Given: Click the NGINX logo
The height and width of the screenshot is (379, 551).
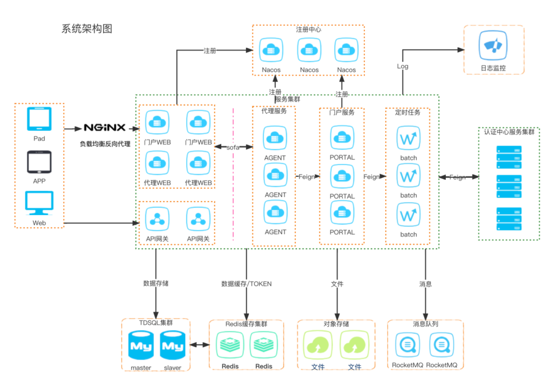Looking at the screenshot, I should (105, 128).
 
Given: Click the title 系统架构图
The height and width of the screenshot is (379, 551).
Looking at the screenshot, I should (87, 29).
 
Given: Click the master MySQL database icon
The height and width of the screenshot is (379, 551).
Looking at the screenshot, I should (141, 346).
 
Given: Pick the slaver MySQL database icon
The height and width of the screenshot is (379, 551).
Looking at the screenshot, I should (172, 346).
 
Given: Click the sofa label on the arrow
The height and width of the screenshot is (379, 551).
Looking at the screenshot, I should (233, 147).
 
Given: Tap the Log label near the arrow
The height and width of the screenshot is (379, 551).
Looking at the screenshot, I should (403, 66).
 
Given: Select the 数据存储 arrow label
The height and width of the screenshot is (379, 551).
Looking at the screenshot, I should (156, 283).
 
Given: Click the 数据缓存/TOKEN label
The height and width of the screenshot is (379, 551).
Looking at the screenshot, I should (246, 283).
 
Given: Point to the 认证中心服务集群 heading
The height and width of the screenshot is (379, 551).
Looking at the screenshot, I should (509, 131).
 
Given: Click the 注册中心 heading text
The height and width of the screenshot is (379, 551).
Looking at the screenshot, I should (309, 30).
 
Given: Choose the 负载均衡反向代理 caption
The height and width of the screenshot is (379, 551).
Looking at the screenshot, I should (105, 144).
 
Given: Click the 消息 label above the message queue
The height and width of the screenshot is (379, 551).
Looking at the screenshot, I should (425, 283).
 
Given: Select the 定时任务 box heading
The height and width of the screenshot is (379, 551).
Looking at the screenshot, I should (408, 112).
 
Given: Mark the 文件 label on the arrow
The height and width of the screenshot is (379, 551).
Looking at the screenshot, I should (337, 283).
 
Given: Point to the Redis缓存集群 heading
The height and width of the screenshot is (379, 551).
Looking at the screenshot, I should (246, 324).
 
